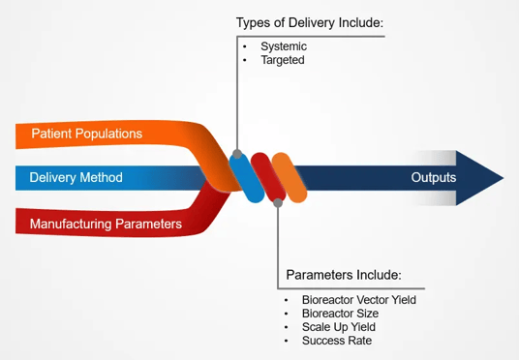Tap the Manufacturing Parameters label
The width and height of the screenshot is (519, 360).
[105, 224]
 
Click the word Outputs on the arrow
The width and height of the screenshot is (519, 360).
[433, 178]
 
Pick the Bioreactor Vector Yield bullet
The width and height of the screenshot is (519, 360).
[359, 300]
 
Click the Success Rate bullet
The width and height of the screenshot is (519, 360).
[337, 341]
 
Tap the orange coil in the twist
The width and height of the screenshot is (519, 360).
[290, 177]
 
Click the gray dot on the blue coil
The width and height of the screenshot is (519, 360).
[236, 153]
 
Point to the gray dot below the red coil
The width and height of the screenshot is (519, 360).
[279, 201]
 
